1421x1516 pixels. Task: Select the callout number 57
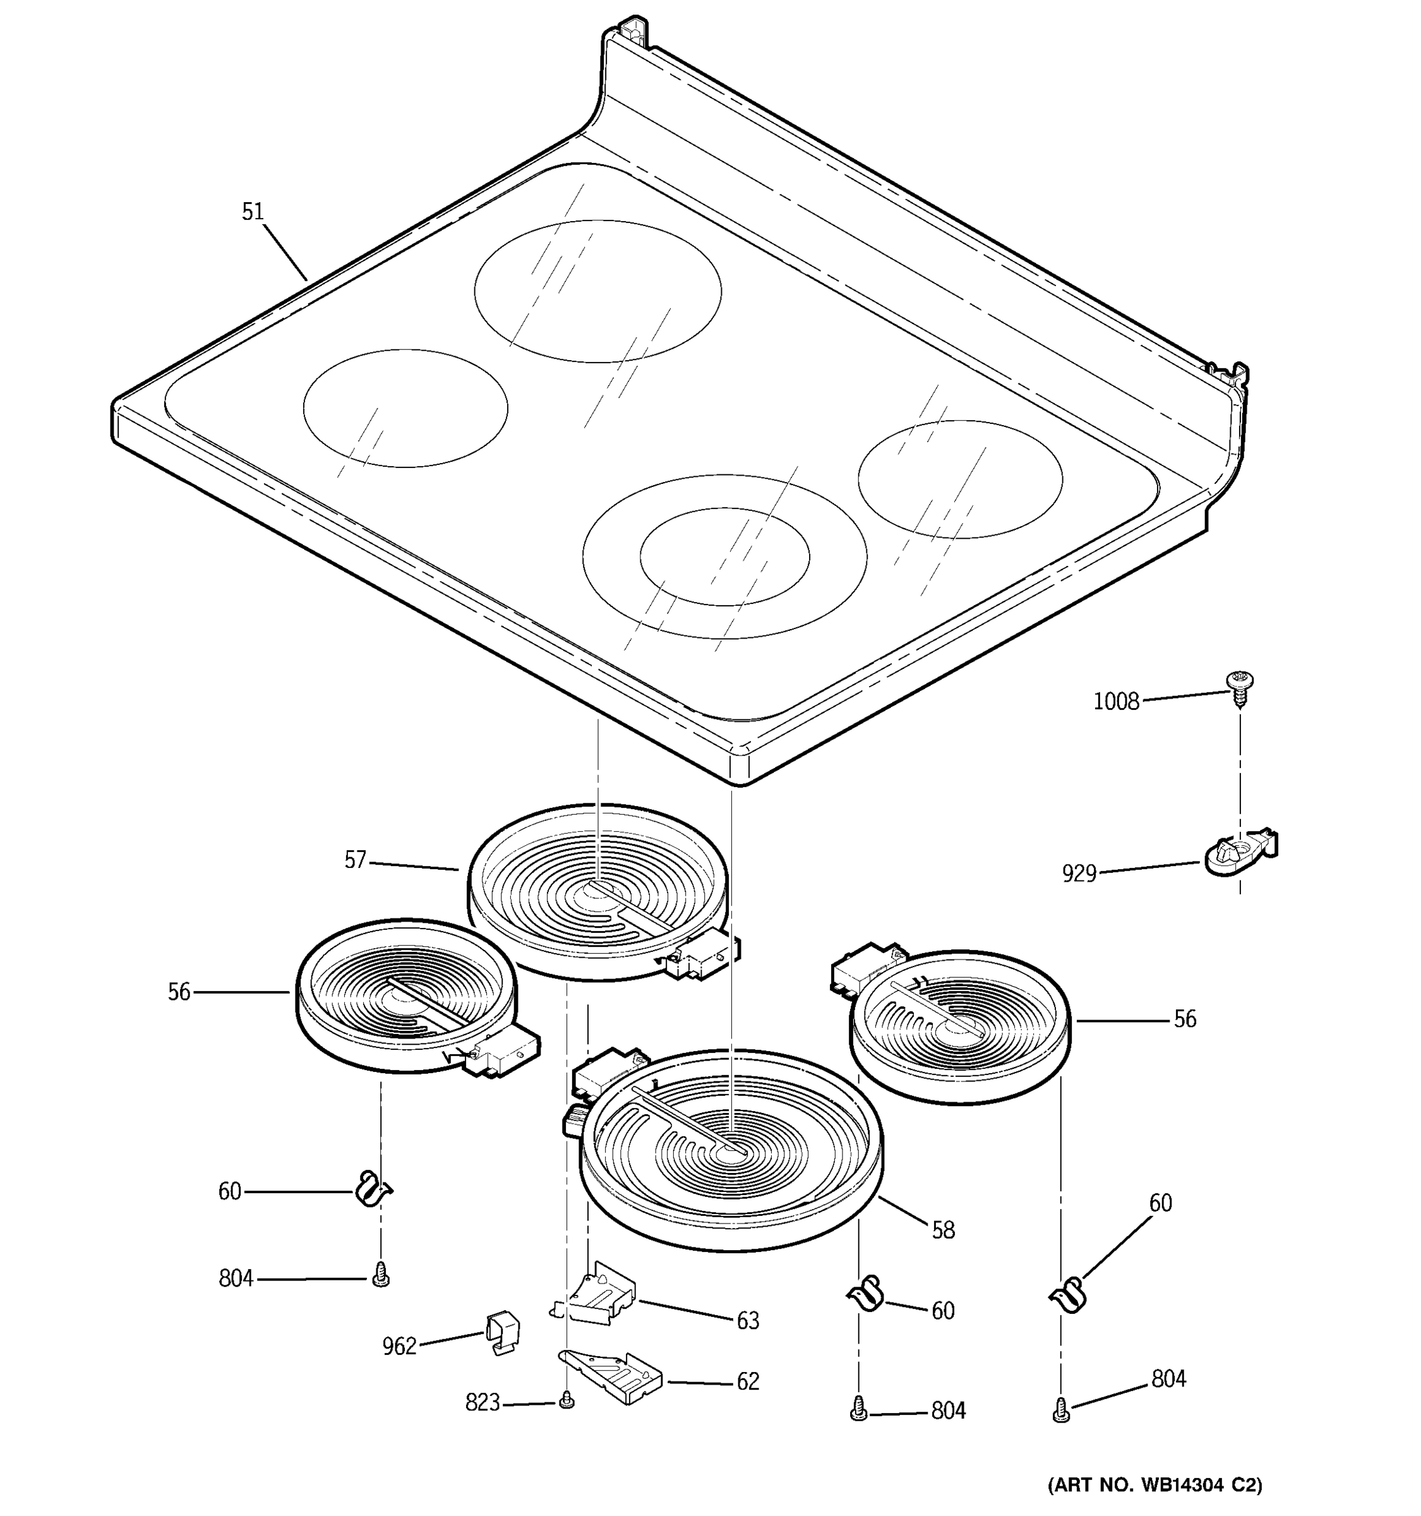tap(355, 860)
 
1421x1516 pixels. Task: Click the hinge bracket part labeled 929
tap(1238, 853)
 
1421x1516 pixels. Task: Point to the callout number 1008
tap(1115, 702)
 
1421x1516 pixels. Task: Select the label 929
tap(1079, 873)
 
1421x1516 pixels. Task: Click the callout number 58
tap(943, 1230)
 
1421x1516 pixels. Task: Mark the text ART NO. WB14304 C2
tap(1154, 1486)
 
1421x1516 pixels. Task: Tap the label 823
tap(482, 1402)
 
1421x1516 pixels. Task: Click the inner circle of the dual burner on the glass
tap(724, 556)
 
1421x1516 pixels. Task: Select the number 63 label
tap(748, 1321)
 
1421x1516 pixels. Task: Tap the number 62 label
tap(748, 1382)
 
